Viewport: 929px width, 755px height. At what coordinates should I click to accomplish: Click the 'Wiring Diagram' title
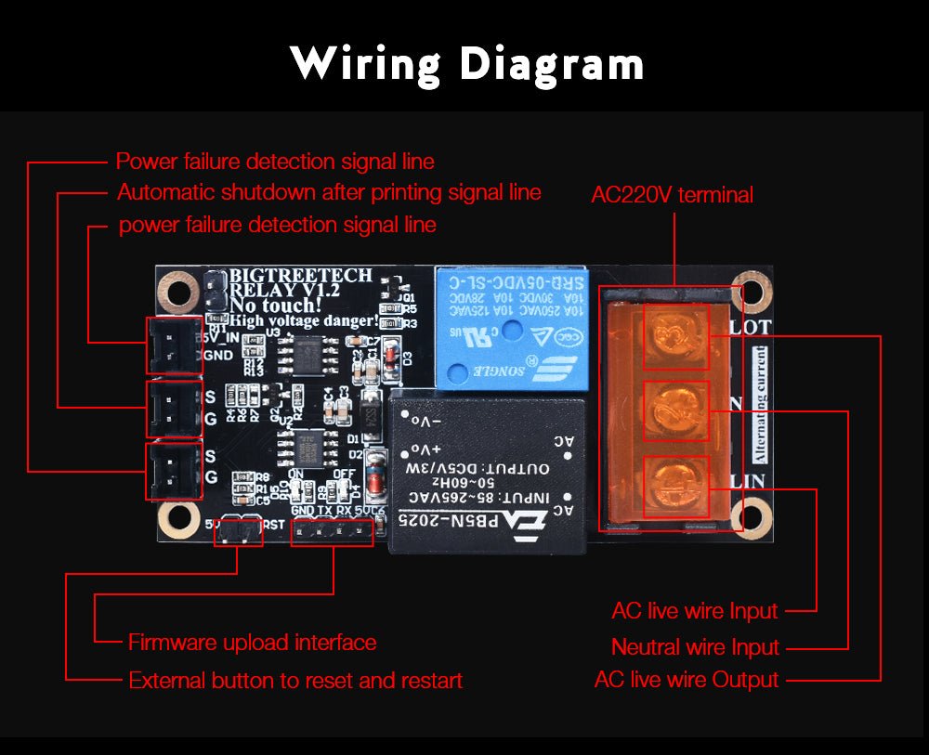466,64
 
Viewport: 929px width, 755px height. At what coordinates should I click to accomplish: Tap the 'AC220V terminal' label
672,195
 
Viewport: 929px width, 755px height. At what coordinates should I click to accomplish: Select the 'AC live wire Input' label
694,611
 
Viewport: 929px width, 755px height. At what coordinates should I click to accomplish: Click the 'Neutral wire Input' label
695,646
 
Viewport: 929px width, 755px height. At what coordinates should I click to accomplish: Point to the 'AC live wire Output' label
686,680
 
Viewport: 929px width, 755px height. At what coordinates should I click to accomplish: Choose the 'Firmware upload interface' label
252,643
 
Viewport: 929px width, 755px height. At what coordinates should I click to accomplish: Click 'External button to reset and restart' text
294,681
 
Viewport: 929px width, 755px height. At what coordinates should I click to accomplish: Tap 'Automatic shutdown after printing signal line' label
328,193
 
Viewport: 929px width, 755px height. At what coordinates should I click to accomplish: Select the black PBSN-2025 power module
489,473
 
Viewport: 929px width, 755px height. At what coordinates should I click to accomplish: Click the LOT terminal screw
675,330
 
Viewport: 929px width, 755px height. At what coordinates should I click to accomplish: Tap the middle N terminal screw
675,406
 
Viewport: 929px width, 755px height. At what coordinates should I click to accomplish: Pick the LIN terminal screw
675,481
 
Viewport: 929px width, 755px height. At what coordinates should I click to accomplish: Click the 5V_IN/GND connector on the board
174,345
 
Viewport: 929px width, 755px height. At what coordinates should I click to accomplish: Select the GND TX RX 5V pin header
332,532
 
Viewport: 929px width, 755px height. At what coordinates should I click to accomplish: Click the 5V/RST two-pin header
237,532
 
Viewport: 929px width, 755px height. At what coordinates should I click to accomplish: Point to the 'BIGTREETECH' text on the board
300,276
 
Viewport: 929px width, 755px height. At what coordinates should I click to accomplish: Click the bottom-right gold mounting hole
749,517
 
